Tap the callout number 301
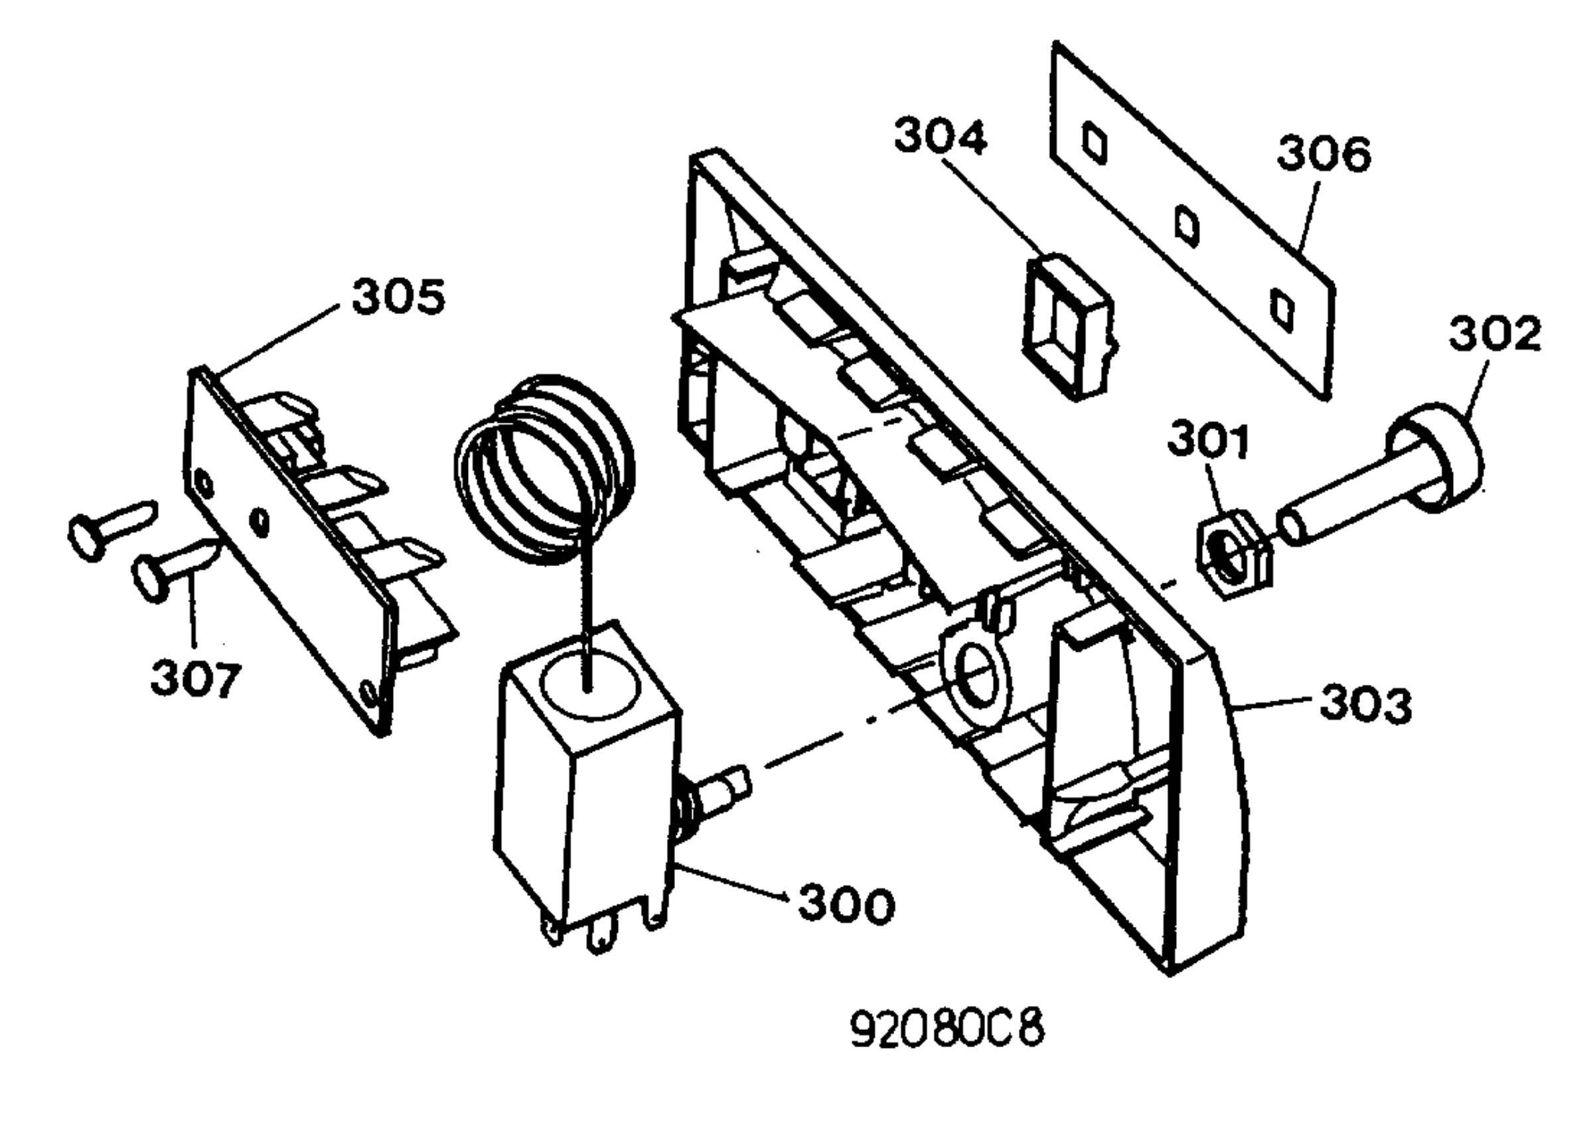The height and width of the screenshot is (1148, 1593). point(1208,441)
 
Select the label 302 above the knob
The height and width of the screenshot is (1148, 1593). point(1495,334)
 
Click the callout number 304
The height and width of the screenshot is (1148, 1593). point(941,137)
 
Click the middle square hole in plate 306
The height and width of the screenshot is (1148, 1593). point(1187,226)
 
